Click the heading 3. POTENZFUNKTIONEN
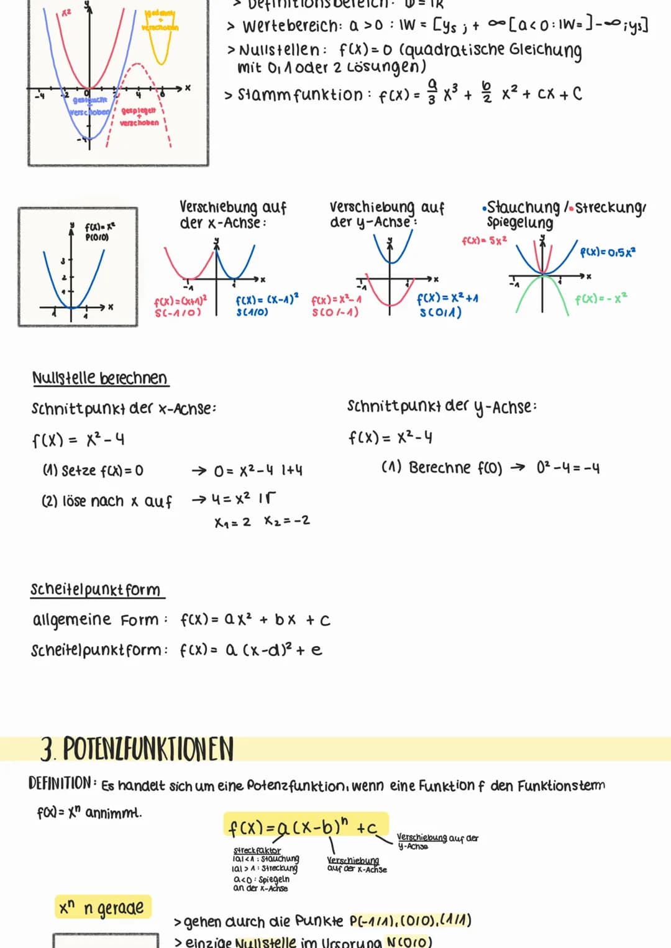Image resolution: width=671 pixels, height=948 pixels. [x=137, y=749]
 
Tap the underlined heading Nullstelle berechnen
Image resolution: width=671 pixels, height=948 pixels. [x=99, y=378]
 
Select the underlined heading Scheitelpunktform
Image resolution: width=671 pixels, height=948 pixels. [x=96, y=590]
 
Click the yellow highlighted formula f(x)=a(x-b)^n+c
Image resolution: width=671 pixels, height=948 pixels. [x=304, y=826]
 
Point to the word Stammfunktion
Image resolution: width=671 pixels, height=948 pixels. [x=300, y=95]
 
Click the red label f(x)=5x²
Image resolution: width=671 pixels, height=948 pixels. [x=484, y=240]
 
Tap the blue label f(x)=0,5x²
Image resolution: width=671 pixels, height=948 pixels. [x=607, y=252]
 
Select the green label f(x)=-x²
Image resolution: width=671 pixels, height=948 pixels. [x=601, y=299]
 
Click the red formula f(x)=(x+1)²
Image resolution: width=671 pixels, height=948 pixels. [x=180, y=301]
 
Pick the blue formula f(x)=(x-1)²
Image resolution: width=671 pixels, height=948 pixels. [x=267, y=299]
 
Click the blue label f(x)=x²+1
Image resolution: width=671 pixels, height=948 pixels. [x=447, y=298]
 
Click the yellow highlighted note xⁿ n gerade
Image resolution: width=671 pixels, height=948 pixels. [x=103, y=908]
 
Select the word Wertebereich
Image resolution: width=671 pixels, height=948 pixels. [x=291, y=27]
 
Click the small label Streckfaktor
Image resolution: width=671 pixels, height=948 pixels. [x=257, y=850]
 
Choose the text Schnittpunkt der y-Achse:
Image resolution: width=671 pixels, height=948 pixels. [x=442, y=407]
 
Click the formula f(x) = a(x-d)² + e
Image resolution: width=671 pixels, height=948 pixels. [x=250, y=650]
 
